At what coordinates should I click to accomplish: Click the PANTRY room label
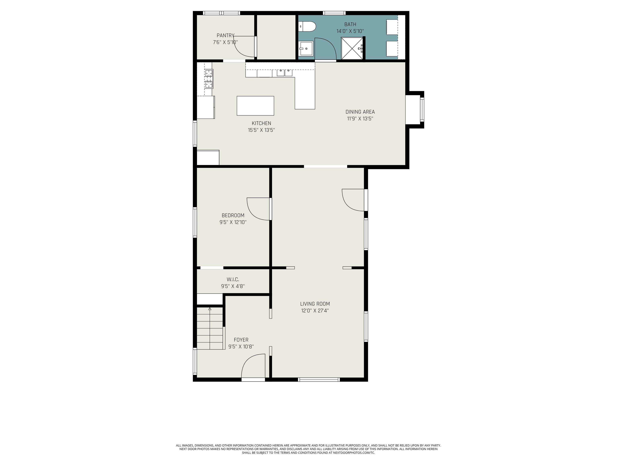(x=225, y=35)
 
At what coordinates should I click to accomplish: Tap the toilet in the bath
(x=307, y=27)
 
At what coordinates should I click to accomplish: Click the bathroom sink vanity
(x=306, y=49)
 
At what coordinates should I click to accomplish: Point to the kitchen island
(x=255, y=106)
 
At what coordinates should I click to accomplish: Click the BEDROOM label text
(x=233, y=215)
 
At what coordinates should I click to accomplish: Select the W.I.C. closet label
(x=233, y=279)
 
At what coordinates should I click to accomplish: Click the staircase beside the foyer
(x=210, y=328)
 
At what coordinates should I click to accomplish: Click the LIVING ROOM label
(x=315, y=304)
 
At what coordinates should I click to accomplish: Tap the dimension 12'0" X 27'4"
(x=315, y=311)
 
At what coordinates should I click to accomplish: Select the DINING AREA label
(x=360, y=112)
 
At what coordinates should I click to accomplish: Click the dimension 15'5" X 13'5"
(x=261, y=130)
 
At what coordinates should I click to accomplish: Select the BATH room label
(x=350, y=24)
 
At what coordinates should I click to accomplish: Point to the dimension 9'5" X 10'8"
(x=241, y=347)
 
